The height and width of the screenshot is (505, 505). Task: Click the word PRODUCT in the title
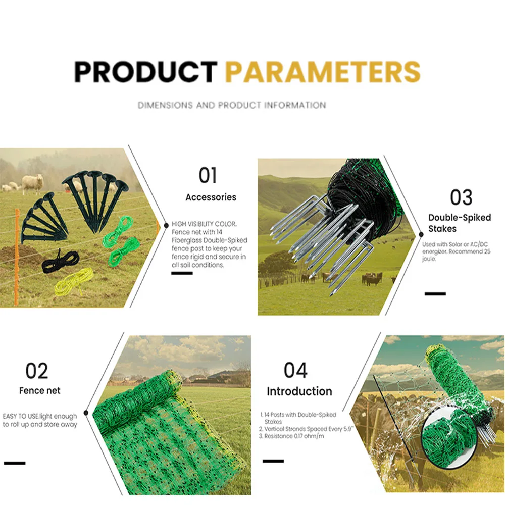(x=145, y=72)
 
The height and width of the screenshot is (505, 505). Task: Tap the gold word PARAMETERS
(x=323, y=72)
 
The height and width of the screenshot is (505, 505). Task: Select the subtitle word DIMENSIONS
(x=165, y=105)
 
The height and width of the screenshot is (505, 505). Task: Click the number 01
(x=208, y=176)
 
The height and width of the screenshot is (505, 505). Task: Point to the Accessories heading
(x=211, y=197)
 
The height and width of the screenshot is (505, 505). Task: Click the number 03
(x=461, y=197)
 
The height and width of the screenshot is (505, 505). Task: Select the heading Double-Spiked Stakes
(x=460, y=223)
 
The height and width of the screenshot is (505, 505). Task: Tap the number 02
(x=37, y=371)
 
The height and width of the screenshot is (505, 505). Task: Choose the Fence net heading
(x=39, y=391)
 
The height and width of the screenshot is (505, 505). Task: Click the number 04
(x=295, y=370)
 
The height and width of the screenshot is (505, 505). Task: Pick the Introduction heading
(x=299, y=391)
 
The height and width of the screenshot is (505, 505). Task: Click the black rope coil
(x=60, y=261)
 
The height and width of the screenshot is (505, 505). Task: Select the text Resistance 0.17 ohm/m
(x=291, y=436)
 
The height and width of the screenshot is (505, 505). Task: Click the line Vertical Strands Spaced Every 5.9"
(x=307, y=429)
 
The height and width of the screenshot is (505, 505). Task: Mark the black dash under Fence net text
(x=15, y=463)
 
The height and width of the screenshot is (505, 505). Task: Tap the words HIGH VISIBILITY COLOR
(x=204, y=224)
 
